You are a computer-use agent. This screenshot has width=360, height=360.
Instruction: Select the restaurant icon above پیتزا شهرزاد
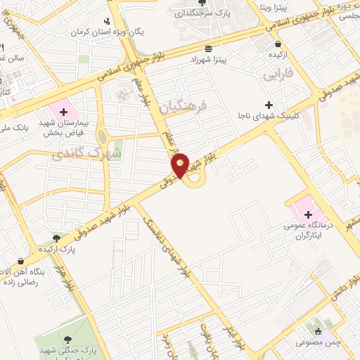(208, 49)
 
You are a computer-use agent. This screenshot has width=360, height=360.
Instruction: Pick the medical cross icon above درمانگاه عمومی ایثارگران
(308, 214)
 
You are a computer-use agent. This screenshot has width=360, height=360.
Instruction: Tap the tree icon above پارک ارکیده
(56, 239)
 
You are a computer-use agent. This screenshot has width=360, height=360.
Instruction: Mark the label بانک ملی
(13, 128)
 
